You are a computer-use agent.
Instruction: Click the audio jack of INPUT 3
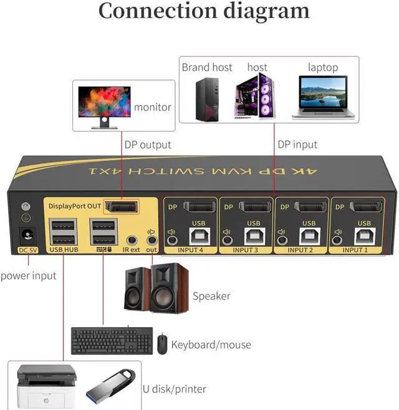[228, 238]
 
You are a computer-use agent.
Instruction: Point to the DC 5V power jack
[27, 236]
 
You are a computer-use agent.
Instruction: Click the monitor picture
[102, 106]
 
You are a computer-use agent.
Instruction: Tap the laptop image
[323, 96]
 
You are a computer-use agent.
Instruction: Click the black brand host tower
[205, 98]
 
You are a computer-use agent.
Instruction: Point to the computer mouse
[162, 344]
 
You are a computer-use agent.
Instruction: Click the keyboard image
[112, 341]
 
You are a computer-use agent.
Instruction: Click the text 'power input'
[28, 275]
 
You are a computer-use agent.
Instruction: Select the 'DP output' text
[148, 145]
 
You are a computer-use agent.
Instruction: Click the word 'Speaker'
[211, 296]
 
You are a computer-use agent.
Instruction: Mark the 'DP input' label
[297, 145]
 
